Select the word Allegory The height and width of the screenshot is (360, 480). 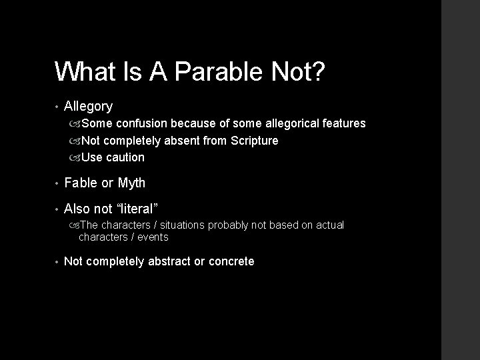tap(88, 106)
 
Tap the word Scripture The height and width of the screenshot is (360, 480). tap(254, 141)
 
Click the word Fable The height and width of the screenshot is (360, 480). tap(80, 183)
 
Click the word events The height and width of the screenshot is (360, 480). tap(153, 237)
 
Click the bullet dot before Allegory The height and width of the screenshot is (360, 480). tap(58, 107)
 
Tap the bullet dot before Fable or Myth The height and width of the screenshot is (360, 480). tap(58, 183)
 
